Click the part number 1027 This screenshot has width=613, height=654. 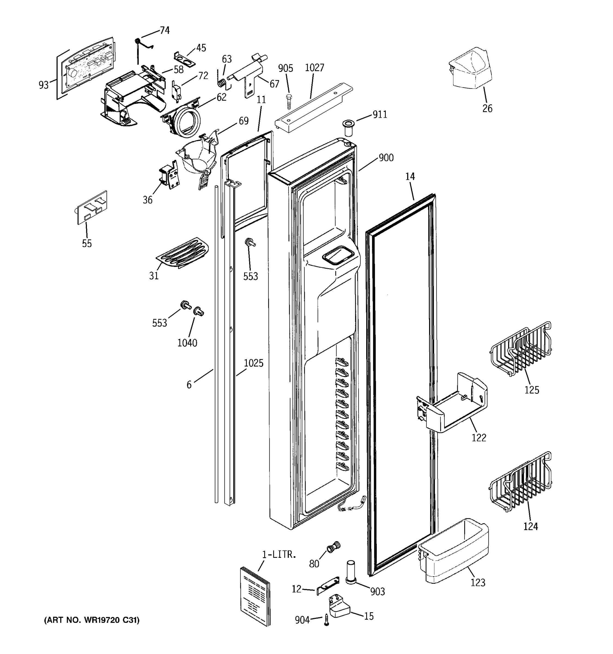coord(314,68)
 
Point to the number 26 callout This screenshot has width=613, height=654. coord(487,108)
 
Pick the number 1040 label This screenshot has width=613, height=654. coord(187,343)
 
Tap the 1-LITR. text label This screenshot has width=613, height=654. coord(279,554)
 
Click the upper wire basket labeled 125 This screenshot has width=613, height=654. coord(521,350)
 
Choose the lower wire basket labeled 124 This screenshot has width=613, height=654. coord(521,482)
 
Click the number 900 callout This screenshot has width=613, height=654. coord(386,158)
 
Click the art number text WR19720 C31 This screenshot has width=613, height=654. coord(92,620)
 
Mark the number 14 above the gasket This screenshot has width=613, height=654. coord(410,177)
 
